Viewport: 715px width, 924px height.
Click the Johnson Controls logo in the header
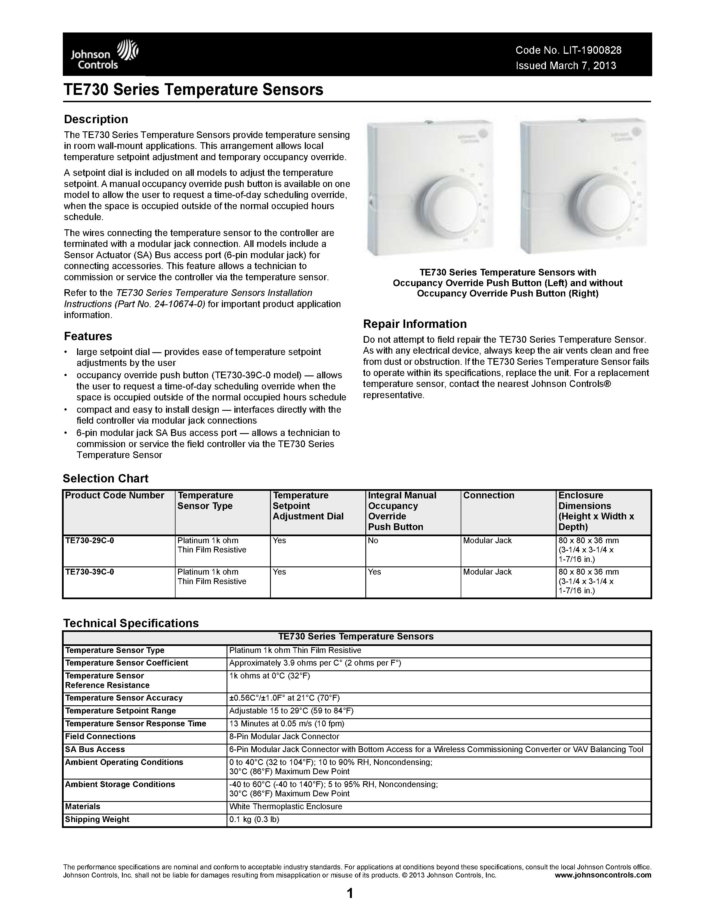click(x=104, y=55)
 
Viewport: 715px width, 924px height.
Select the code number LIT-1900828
click(x=592, y=50)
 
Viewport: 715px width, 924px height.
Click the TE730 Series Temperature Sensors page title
click(x=193, y=90)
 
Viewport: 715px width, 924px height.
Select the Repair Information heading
click(x=415, y=324)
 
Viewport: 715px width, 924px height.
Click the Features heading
click(x=88, y=336)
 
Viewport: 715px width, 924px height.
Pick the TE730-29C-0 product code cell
click(x=89, y=541)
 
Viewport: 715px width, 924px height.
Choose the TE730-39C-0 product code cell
click(x=89, y=572)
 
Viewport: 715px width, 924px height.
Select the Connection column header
click(x=488, y=495)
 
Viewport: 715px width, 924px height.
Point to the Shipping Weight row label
click(x=97, y=820)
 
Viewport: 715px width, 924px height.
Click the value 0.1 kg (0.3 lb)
click(x=254, y=820)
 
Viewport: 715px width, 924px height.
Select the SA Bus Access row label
click(x=95, y=750)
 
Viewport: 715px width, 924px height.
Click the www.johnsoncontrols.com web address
click(x=603, y=875)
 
